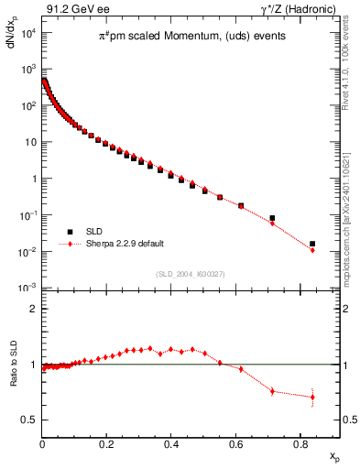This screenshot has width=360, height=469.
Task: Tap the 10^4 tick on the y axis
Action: click(27, 33)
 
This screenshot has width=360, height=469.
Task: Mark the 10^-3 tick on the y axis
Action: click(27, 288)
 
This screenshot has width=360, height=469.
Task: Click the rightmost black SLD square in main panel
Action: click(312, 244)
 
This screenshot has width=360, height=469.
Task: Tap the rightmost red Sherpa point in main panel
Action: click(312, 250)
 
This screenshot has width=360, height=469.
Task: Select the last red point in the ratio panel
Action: click(312, 397)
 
